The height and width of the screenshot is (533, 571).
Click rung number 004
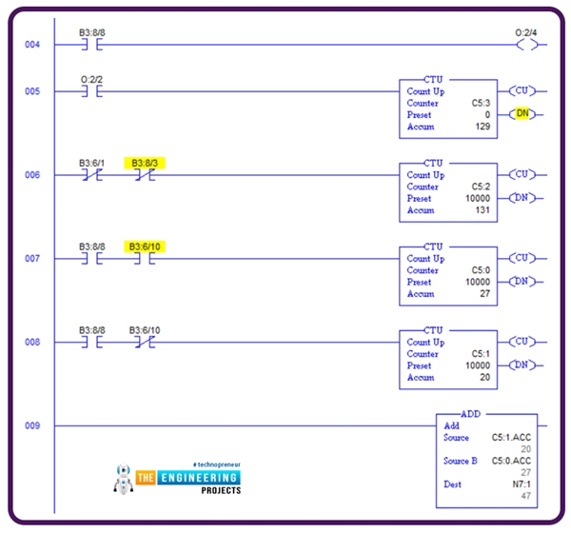point(32,45)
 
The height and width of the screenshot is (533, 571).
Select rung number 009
point(32,425)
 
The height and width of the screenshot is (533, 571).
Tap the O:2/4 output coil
point(525,45)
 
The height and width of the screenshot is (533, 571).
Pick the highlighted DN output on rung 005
point(522,114)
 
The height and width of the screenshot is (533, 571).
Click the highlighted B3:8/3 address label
point(145,163)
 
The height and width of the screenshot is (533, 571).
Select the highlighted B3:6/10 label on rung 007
point(145,247)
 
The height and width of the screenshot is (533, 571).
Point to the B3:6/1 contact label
point(92,163)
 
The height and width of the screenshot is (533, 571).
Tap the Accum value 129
point(480,127)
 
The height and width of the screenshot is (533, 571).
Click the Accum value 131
point(480,210)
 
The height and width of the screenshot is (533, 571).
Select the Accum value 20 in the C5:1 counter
point(483,377)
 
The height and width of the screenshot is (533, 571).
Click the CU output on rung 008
point(522,342)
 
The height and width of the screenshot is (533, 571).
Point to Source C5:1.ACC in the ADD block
point(510,438)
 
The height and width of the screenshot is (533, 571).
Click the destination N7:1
point(519,484)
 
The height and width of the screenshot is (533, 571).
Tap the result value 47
point(524,496)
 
